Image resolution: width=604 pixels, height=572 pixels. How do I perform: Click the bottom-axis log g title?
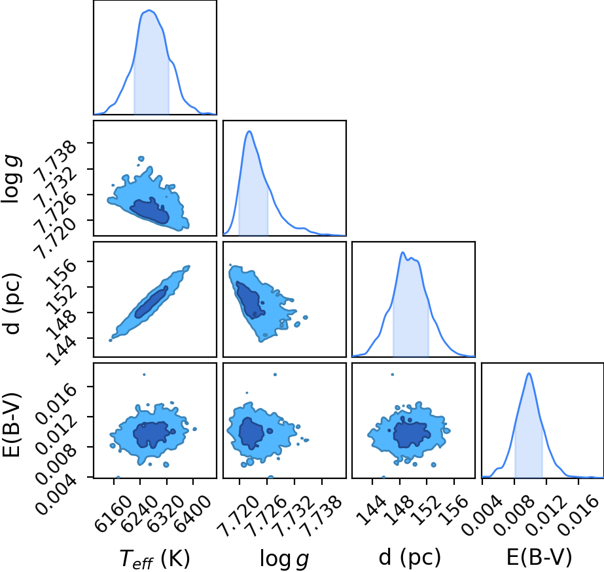285,558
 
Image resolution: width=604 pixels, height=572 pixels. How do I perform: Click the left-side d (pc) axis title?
12,303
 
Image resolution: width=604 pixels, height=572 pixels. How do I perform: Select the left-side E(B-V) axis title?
12,425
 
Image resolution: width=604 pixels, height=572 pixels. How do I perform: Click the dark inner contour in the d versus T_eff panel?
151,302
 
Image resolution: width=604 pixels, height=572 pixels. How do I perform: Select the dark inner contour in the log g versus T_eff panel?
149,210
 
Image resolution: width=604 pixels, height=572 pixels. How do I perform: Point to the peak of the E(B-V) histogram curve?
529,373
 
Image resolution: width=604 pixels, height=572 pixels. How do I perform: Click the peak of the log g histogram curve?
249,131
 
